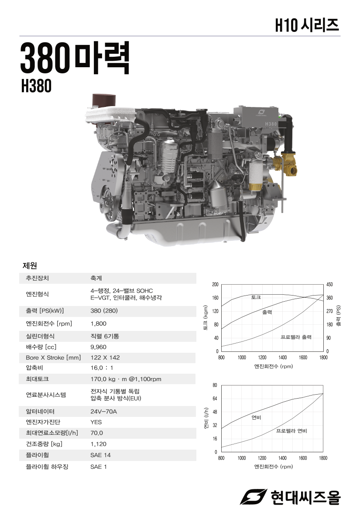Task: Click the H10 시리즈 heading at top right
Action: (307, 25)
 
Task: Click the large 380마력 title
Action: (75, 58)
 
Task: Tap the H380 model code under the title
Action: (36, 86)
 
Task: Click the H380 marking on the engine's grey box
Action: (271, 124)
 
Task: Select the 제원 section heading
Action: (30, 265)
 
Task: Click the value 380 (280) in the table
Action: (104, 311)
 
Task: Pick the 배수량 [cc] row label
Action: (41, 347)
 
